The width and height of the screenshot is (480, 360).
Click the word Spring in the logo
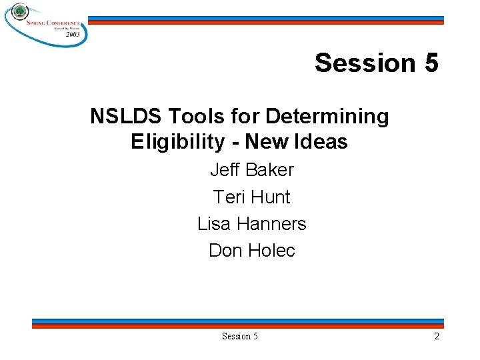(38, 22)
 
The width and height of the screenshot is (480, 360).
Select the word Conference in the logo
(65, 22)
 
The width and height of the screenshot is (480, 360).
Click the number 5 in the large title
(430, 63)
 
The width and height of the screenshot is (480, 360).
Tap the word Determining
(327, 117)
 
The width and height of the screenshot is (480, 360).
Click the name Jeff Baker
(251, 170)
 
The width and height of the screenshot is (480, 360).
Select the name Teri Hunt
(251, 197)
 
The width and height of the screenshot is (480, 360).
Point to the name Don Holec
(251, 251)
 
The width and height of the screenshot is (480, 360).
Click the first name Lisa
(214, 224)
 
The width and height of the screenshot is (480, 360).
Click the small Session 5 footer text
(239, 337)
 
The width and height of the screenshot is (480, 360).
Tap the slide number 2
(436, 337)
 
